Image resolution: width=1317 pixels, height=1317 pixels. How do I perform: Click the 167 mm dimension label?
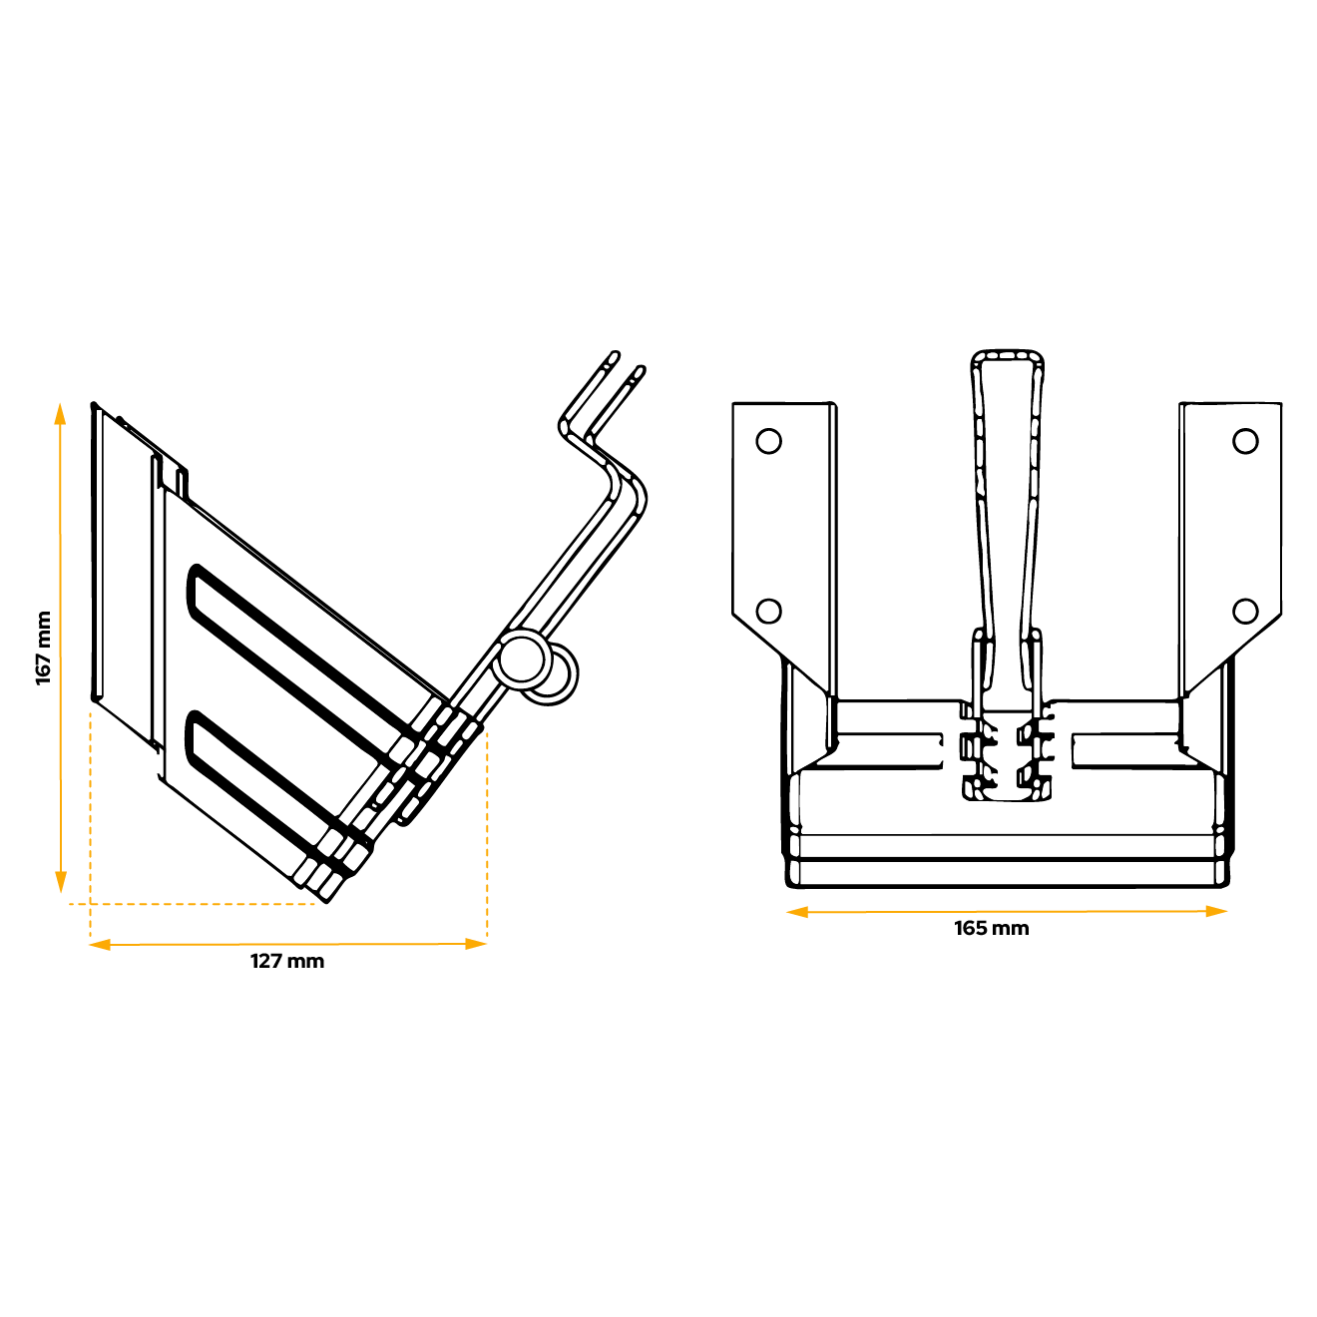[x=44, y=648]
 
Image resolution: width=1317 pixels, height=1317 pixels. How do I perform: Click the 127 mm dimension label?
[x=287, y=961]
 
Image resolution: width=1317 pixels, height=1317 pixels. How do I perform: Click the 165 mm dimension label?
[x=991, y=928]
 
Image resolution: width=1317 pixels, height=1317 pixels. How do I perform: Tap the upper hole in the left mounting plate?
[x=768, y=441]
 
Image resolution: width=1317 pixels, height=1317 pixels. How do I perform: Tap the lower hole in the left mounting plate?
[x=768, y=611]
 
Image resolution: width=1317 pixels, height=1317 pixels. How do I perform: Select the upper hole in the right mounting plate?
[x=1245, y=441]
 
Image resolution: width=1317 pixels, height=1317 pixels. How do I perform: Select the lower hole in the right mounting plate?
[x=1245, y=611]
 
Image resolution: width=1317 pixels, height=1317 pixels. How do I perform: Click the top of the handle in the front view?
[x=1008, y=357]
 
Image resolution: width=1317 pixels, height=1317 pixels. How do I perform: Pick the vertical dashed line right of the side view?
[x=487, y=838]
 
